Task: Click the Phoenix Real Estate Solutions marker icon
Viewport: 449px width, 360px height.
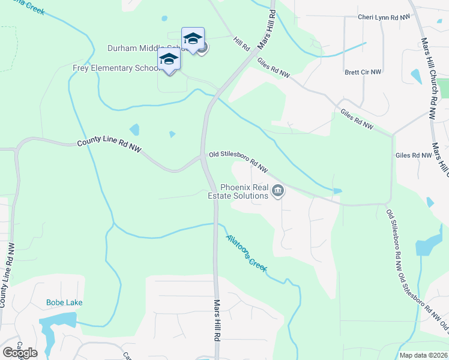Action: (x=278, y=191)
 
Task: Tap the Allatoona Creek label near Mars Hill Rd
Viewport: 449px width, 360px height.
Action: (x=246, y=252)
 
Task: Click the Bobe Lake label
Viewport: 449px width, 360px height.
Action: (x=64, y=302)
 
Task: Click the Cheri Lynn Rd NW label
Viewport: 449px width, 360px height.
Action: (x=384, y=17)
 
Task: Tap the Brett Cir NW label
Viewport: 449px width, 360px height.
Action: (x=363, y=72)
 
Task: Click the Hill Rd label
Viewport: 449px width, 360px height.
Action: (x=242, y=44)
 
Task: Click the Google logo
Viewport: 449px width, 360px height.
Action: (x=20, y=353)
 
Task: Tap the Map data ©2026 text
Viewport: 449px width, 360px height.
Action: (x=423, y=355)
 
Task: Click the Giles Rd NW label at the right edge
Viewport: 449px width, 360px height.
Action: (x=413, y=155)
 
